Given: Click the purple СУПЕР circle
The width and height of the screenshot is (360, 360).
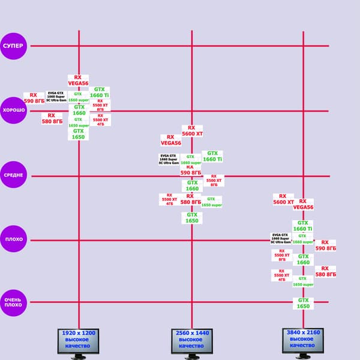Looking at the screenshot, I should pos(13,46).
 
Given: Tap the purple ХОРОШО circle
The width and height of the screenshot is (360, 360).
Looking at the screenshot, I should pos(13,110).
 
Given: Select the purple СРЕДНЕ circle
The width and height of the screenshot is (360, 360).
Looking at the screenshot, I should pos(13,175).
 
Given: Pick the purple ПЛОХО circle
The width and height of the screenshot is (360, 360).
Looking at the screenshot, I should pos(13,239).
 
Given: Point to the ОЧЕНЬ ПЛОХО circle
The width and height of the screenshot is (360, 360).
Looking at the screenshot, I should pos(13,302).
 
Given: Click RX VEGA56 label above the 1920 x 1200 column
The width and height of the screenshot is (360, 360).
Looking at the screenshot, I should pos(78,80).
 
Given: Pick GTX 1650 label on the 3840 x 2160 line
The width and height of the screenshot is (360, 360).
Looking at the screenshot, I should pos(304,303).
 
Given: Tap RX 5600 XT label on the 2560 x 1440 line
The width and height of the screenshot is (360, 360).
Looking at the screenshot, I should pos(192,131).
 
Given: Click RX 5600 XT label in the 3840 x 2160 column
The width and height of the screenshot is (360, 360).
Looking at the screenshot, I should pos(283,199).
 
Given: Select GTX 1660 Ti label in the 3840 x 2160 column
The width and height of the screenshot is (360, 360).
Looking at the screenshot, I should pos(303,226).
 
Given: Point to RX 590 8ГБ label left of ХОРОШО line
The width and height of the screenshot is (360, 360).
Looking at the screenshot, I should pos(34,98).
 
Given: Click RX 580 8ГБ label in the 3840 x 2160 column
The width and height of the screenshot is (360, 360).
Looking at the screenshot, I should pos(325,271).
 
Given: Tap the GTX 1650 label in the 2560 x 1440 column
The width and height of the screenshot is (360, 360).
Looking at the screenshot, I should pos(192,218).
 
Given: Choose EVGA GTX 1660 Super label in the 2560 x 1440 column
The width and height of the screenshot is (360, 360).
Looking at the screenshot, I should pos(169,159).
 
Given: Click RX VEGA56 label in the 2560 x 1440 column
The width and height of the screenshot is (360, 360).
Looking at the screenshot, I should pos(170,140).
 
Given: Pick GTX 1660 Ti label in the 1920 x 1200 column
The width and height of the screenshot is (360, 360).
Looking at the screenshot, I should pos(100,92).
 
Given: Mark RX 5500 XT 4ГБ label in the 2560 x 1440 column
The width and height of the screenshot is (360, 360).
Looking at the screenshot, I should pos(169,199).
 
